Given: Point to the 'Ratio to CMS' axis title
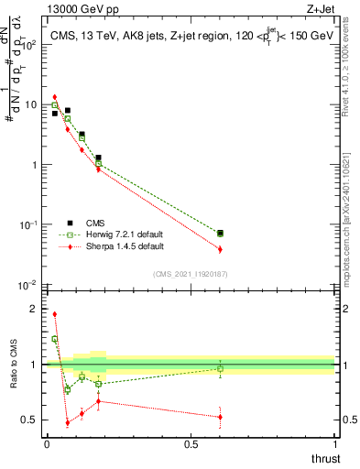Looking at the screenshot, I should (14, 363).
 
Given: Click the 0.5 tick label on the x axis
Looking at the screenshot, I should (191, 444).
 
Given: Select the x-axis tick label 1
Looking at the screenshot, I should (335, 444).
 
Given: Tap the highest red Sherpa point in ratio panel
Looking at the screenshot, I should (55, 314).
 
